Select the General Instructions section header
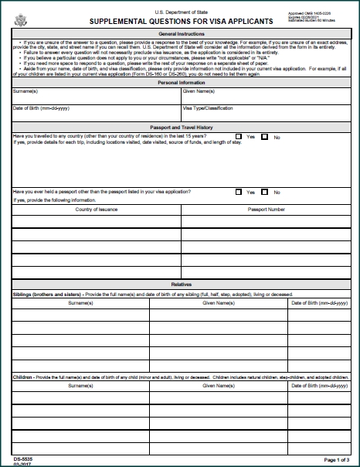point(181,35)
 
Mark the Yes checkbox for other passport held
point(239,192)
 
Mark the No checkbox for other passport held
point(265,192)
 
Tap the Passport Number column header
point(265,209)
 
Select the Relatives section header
point(181,285)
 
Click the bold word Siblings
point(26,295)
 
